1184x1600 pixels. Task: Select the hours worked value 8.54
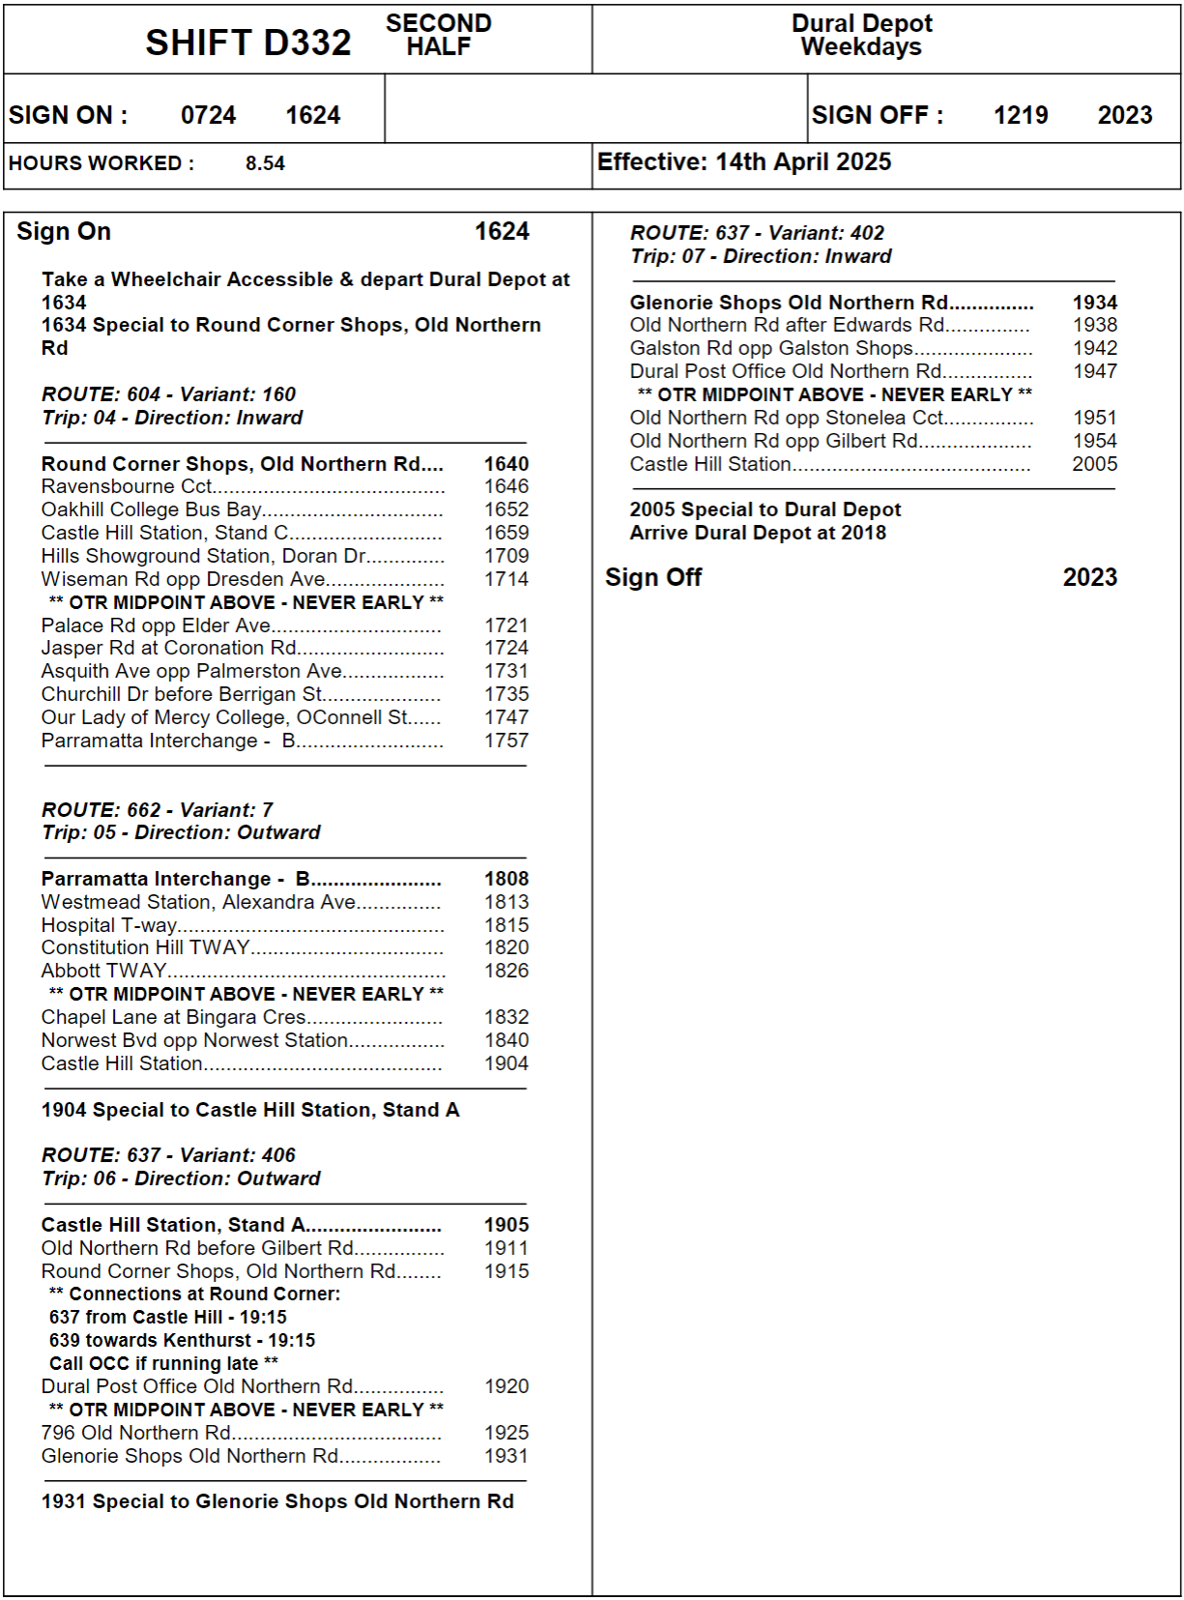(265, 163)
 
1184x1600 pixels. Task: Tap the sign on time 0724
(208, 115)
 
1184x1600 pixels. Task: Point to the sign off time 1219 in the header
(1020, 115)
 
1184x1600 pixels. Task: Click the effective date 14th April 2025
(802, 162)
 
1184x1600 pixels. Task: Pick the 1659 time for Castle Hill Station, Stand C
(506, 533)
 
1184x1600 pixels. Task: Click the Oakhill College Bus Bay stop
(152, 509)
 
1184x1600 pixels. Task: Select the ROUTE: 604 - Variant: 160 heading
(168, 394)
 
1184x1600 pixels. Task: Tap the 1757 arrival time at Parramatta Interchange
(506, 741)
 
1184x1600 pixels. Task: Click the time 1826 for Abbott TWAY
(506, 971)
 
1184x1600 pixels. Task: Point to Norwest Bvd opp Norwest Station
(194, 1040)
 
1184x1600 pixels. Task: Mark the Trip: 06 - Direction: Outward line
(181, 1178)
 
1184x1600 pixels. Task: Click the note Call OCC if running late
(162, 1363)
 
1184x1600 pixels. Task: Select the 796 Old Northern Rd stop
(136, 1433)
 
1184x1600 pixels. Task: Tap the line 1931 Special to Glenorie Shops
(277, 1501)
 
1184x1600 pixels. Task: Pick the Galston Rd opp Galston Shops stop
(771, 348)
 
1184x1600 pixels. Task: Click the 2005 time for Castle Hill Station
(1094, 464)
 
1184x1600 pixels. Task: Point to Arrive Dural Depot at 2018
(758, 533)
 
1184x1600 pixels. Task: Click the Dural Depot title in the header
(862, 23)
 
